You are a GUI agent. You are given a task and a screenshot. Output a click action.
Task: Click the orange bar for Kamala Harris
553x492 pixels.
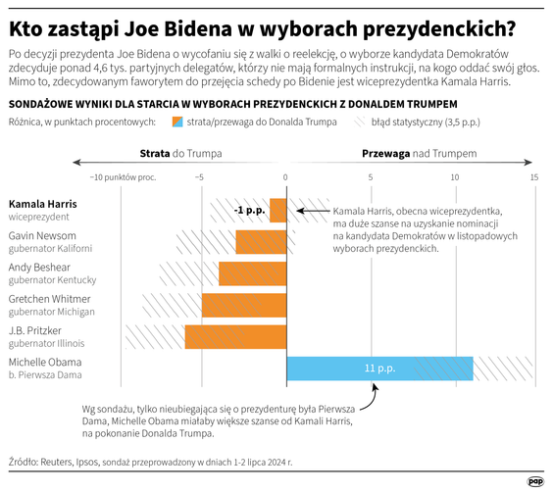(278, 210)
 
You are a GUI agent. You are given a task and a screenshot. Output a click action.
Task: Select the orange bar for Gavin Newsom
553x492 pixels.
(261, 242)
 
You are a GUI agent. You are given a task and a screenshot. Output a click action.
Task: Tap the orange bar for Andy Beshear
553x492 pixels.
(252, 273)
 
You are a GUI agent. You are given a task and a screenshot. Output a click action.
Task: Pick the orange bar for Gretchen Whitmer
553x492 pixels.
(244, 305)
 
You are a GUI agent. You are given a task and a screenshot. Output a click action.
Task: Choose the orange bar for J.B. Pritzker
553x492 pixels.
(235, 336)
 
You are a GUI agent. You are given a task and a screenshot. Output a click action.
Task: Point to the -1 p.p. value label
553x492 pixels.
(249, 211)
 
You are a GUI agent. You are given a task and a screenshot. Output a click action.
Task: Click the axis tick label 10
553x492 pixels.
(454, 177)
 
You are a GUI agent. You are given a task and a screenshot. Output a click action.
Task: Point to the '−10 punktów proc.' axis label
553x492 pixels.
(125, 177)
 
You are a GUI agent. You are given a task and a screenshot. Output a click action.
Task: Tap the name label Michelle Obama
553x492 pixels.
(45, 362)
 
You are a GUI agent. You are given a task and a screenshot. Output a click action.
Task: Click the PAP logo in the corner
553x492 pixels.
(535, 479)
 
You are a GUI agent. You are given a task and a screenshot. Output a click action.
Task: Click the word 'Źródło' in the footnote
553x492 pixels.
(26, 460)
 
